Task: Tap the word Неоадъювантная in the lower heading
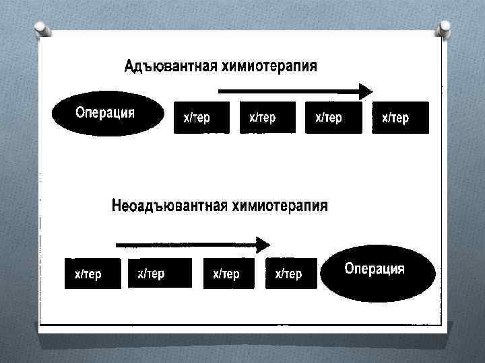[169, 206]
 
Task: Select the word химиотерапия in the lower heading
[280, 206]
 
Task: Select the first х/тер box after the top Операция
[201, 118]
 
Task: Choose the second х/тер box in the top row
[267, 118]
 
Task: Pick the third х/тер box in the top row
[332, 118]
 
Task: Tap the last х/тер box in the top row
[400, 118]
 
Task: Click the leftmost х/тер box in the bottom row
[92, 274]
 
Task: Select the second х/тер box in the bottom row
[155, 273]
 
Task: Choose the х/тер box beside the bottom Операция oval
[291, 274]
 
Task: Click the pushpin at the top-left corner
[40, 31]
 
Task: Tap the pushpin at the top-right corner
[445, 30]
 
